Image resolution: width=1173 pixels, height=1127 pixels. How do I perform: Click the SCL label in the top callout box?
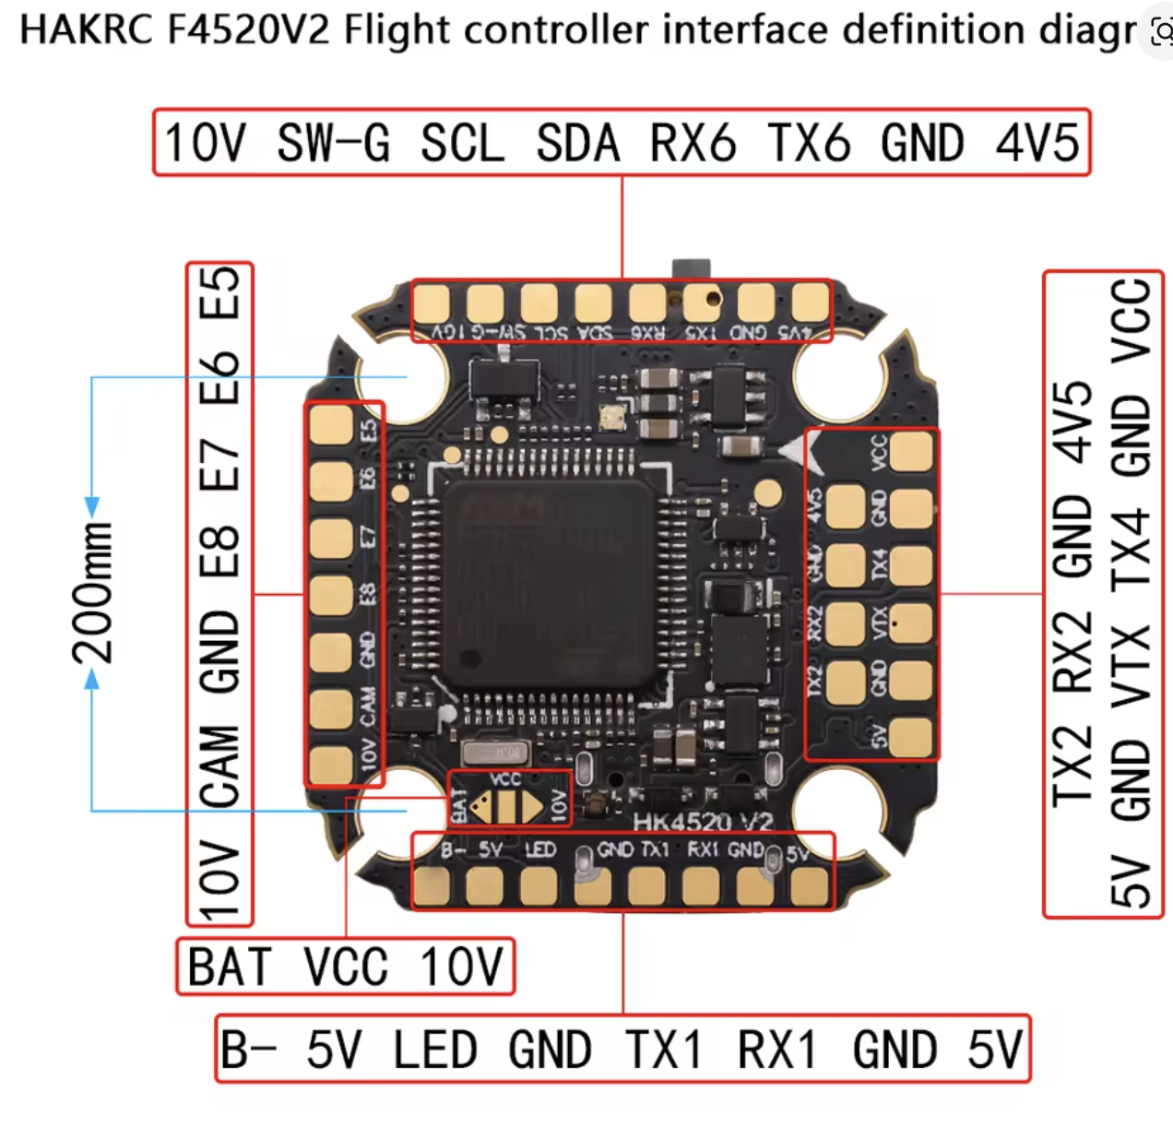462,144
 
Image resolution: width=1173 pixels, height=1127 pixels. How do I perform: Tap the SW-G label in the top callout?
333,144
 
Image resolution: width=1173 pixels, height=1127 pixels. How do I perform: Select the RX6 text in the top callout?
693,144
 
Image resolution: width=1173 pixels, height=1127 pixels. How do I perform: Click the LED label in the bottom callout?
434,1050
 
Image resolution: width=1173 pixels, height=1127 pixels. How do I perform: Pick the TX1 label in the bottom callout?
663,1050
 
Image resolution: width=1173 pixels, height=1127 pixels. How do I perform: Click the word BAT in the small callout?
230,967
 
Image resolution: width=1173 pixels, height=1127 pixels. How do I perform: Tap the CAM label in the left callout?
220,766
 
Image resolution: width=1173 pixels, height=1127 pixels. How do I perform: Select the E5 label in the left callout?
220,292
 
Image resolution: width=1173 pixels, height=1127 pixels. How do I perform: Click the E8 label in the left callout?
220,552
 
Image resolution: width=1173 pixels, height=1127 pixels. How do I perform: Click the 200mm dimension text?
92,593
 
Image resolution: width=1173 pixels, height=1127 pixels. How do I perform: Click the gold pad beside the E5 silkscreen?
331,425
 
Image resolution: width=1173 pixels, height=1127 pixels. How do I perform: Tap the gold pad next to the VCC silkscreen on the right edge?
912,452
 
